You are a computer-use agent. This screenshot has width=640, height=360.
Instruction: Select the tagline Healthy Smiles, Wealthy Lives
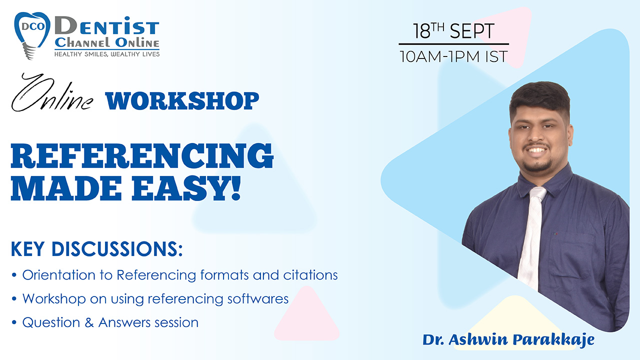pyautogui.click(x=107, y=54)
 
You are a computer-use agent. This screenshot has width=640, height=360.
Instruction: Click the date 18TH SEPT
pyautogui.click(x=453, y=31)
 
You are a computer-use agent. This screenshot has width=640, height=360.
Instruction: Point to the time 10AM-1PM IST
pyautogui.click(x=453, y=56)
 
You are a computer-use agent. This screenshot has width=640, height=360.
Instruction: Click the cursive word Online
pyautogui.click(x=52, y=93)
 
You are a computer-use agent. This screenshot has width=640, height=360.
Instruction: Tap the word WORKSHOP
pyautogui.click(x=182, y=100)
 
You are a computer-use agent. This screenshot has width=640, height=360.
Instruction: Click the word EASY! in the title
pyautogui.click(x=186, y=188)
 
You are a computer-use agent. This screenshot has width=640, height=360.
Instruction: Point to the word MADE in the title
pyautogui.click(x=66, y=188)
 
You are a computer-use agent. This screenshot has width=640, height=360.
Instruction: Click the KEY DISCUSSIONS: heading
pyautogui.click(x=96, y=249)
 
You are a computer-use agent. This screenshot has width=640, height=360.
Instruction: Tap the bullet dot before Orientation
pyautogui.click(x=14, y=275)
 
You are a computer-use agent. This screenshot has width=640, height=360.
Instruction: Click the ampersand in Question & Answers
pyautogui.click(x=89, y=322)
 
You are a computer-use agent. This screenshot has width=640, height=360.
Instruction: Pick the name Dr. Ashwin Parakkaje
pyautogui.click(x=508, y=340)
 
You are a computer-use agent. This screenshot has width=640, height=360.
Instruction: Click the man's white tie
pyautogui.click(x=531, y=237)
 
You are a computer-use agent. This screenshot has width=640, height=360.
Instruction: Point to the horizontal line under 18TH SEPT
pyautogui.click(x=453, y=44)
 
